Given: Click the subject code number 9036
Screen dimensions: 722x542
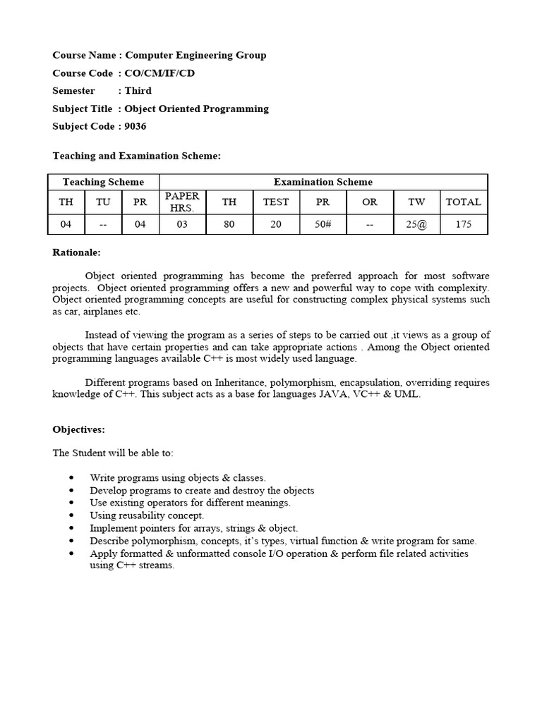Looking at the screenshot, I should (136, 126).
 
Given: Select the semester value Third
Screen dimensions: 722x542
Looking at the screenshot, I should (138, 90).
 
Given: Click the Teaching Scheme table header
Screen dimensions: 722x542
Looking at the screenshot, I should (103, 182).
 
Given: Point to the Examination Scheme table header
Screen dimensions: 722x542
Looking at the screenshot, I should (323, 182).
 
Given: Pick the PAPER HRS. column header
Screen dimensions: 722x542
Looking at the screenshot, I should (182, 202).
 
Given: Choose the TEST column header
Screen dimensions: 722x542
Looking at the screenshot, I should (275, 202).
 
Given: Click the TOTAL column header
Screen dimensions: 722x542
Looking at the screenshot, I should (463, 202).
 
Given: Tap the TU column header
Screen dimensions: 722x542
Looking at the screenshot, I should (103, 202).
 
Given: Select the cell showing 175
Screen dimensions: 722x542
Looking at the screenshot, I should (463, 225).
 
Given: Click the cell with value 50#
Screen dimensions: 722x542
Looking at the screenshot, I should (323, 225).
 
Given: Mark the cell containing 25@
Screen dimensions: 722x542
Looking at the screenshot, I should (416, 225).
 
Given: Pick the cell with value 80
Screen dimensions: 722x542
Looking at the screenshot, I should (229, 225).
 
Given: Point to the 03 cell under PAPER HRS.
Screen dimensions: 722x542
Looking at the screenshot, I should (182, 225).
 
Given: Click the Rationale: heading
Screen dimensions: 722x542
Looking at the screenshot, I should (77, 252).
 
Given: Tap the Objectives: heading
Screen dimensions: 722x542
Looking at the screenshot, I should (78, 429).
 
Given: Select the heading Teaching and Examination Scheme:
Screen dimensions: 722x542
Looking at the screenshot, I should (137, 155).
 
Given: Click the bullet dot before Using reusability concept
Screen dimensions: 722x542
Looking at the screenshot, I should (72, 515).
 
